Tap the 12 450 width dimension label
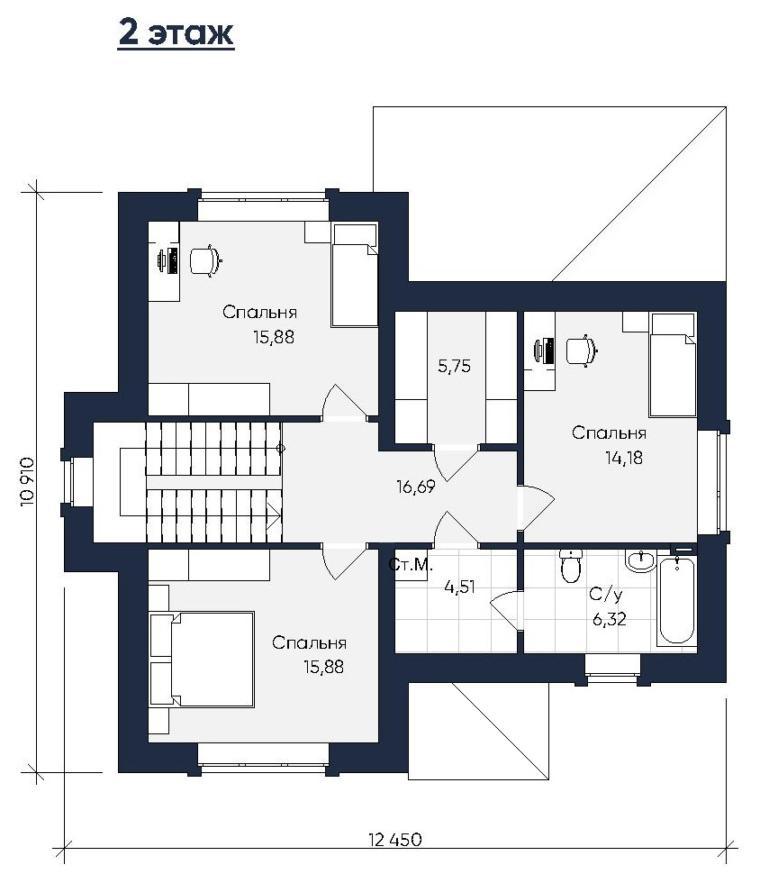coord(395,840)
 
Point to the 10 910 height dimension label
coord(28,482)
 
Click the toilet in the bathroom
coord(571,566)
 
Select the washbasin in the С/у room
coord(640,560)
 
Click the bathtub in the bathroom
coord(676,600)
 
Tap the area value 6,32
coord(609,620)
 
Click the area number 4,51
coord(459,587)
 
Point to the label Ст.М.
coord(411,564)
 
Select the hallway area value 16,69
coord(415,487)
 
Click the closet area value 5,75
coord(455,366)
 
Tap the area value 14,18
coord(624,458)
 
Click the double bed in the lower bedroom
coord(202,659)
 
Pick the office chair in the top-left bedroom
coord(205,261)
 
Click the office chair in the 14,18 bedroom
coord(581,351)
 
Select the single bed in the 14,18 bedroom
coord(673,365)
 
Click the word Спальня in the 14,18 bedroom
coord(609,433)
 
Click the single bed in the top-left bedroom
coord(355,275)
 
